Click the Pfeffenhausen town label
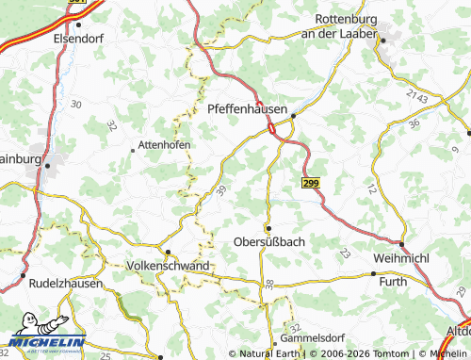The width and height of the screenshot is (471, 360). (x=247, y=110)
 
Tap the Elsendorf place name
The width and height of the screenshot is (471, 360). (x=77, y=39)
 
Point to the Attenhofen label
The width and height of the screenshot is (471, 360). (x=165, y=144)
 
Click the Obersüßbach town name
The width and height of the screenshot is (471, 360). (x=268, y=242)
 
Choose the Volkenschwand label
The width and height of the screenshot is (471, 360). (x=167, y=267)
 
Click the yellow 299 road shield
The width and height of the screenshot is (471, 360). (x=312, y=183)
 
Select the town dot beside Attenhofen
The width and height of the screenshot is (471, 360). (x=132, y=149)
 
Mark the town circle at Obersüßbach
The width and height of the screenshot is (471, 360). (x=268, y=228)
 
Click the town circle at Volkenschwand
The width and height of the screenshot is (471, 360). (x=168, y=253)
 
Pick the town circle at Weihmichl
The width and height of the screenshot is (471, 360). (x=402, y=244)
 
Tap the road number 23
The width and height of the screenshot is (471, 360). (x=344, y=253)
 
